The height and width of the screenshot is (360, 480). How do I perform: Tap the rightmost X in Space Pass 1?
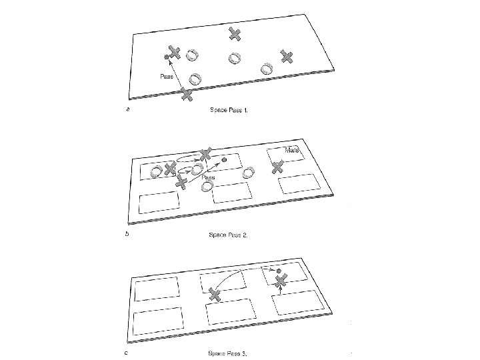point(287,57)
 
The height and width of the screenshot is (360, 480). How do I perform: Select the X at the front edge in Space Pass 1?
point(187,95)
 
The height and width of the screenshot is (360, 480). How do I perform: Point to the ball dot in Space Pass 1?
point(166,57)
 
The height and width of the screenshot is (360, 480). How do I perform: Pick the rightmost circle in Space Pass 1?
point(267,68)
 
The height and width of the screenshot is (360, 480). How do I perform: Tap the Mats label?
point(292,151)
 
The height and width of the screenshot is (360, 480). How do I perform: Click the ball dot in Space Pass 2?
point(225,160)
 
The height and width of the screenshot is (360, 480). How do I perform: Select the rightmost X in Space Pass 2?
point(278,168)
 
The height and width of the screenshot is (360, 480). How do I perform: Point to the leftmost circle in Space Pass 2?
point(155,172)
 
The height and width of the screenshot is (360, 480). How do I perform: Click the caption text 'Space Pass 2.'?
point(229,235)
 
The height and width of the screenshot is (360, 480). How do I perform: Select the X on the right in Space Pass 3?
point(281,281)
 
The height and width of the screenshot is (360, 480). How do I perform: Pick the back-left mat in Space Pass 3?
point(157,289)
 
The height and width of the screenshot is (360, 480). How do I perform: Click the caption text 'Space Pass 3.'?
point(229,353)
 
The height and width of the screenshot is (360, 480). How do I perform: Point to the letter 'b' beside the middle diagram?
point(128,235)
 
